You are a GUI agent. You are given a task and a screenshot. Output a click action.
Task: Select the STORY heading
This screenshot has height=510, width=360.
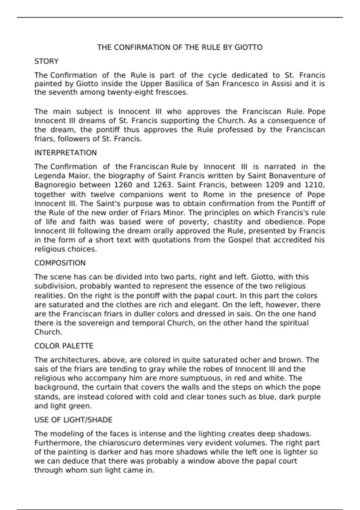point(46,61)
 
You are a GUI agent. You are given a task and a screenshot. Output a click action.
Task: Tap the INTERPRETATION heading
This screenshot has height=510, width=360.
point(65,153)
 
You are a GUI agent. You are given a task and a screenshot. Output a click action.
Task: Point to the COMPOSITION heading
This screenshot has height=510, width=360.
point(60,263)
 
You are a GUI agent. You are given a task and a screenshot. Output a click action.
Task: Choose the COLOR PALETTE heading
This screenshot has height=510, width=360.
point(64,346)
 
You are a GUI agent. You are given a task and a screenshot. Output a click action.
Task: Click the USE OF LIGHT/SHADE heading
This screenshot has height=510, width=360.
point(73,420)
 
